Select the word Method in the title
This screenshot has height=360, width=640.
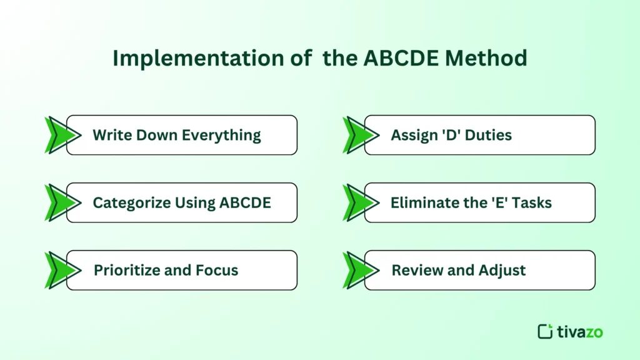pyautogui.click(x=492, y=58)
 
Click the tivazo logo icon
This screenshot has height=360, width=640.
pyautogui.click(x=545, y=331)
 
